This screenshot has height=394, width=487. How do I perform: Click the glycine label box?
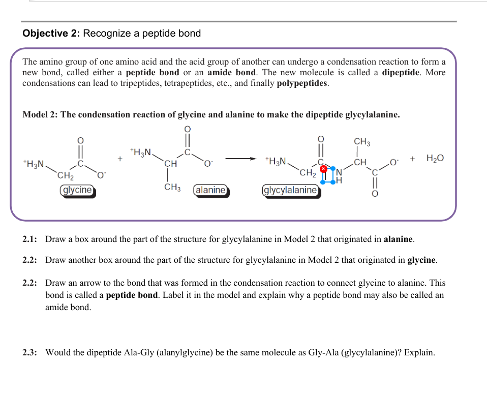77,190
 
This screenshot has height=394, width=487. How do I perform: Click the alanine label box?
210,190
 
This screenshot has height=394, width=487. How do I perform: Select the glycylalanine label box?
290,190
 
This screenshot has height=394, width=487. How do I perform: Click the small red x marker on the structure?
322,168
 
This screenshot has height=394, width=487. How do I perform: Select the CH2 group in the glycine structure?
66,176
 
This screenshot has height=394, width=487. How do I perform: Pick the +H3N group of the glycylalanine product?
276,162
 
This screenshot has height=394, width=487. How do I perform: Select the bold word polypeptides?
302,83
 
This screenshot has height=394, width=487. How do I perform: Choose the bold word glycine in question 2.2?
421,260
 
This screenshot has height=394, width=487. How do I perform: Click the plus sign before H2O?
413,158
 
